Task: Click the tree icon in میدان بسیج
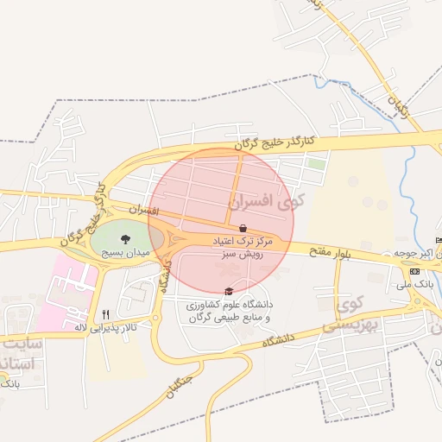coord(126,239)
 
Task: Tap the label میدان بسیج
coord(126,254)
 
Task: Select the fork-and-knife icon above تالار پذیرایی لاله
coord(105,314)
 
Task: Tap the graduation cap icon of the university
coord(228,291)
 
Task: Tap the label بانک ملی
coord(415,283)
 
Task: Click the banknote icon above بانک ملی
coord(415,271)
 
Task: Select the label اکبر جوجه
coord(414,253)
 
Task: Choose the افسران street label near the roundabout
coord(144,210)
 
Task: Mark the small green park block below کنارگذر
coord(317,162)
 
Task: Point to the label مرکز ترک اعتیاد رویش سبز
coord(242,249)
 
